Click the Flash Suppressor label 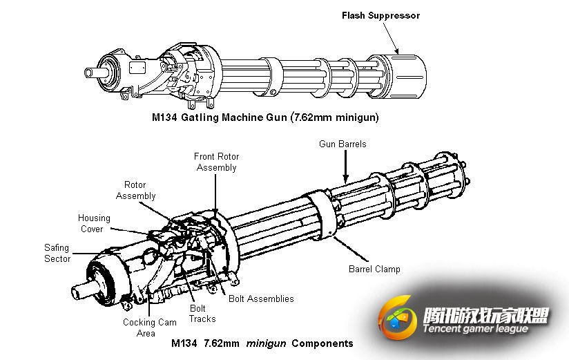[x=380, y=15]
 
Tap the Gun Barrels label [x=343, y=144]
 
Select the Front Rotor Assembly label [x=216, y=162]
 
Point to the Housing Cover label [x=90, y=223]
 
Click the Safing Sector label [x=57, y=253]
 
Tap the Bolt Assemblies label [x=261, y=299]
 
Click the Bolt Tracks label [x=202, y=313]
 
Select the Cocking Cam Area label [x=150, y=328]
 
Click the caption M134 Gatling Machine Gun [x=265, y=117]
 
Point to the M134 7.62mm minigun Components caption [x=262, y=343]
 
